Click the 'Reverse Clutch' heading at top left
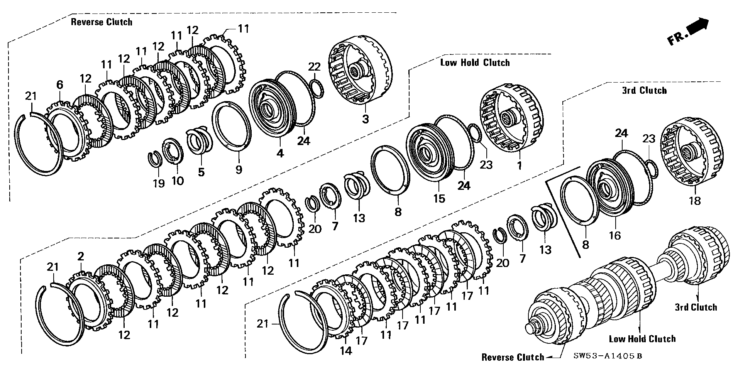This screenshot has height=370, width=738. (101, 22)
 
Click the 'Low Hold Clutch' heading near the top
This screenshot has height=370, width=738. (475, 63)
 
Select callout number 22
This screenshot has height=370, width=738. (314, 66)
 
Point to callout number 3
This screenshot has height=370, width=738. (365, 119)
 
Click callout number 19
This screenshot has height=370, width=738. (158, 183)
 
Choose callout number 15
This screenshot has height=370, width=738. (439, 198)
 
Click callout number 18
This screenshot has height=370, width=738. (694, 201)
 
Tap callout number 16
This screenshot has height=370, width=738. (614, 235)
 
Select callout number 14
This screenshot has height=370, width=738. (346, 351)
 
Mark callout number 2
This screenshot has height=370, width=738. (80, 256)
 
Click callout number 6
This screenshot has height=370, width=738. (59, 85)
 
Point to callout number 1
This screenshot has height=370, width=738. (519, 166)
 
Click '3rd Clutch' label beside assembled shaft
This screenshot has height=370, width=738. (696, 307)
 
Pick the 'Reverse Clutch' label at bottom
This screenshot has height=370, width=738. (513, 357)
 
